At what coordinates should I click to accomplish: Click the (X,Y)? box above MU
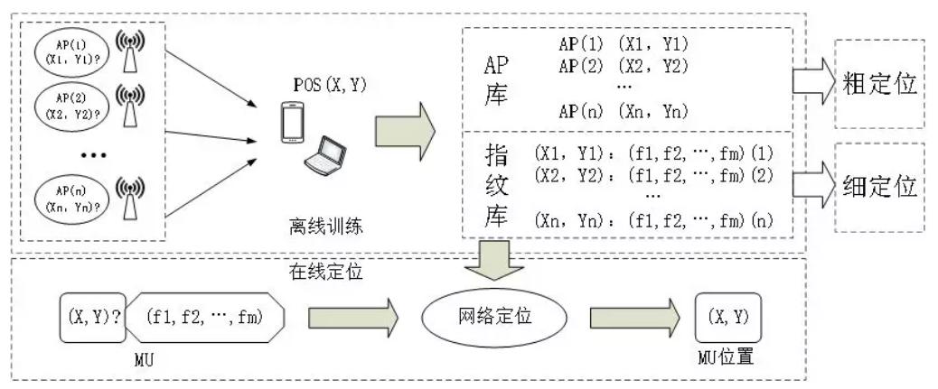pyautogui.click(x=93, y=317)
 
